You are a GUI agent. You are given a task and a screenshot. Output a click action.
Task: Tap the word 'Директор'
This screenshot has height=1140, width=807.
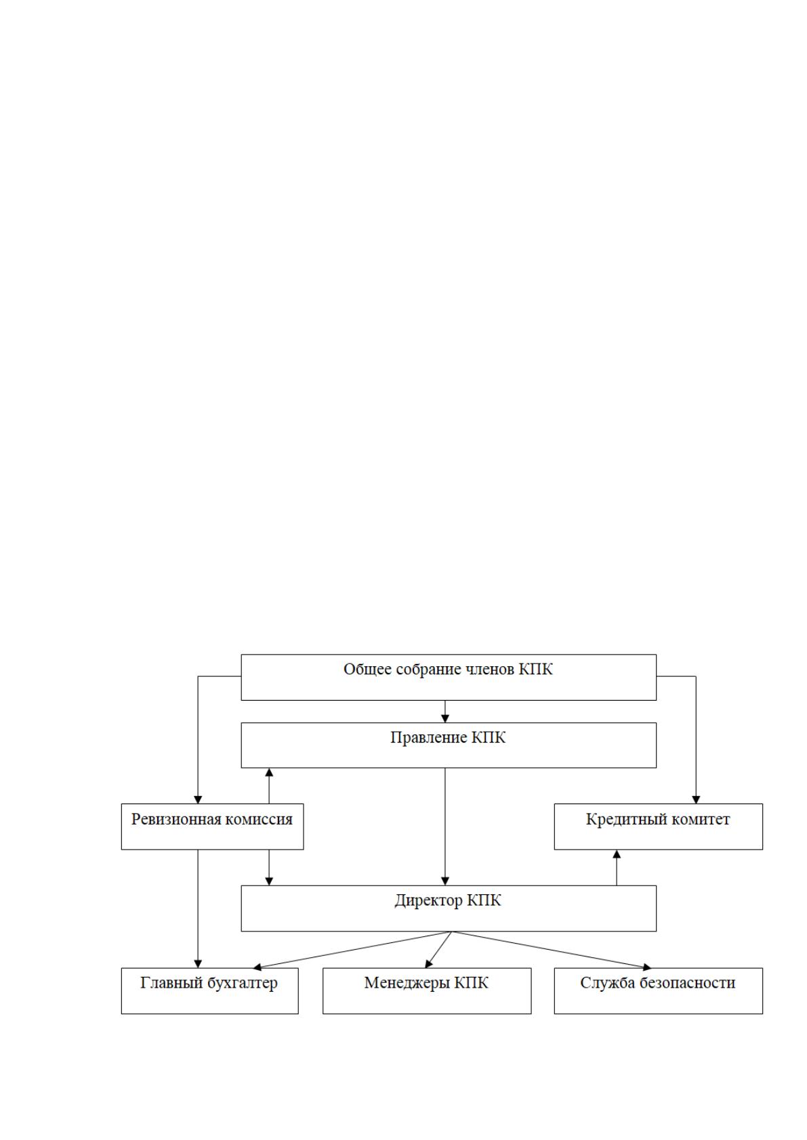click(x=428, y=900)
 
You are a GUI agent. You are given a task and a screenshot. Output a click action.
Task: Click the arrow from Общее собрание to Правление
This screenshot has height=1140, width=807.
click(x=445, y=711)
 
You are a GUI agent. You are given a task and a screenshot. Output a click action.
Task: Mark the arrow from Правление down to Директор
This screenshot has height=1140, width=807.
click(x=445, y=827)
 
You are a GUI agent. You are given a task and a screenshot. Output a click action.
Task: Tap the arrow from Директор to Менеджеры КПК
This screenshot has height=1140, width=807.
click(x=438, y=950)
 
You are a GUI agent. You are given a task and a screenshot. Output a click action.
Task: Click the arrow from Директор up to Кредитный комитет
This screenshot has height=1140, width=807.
click(x=617, y=868)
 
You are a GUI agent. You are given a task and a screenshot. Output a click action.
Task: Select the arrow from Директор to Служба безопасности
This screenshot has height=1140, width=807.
click(x=552, y=950)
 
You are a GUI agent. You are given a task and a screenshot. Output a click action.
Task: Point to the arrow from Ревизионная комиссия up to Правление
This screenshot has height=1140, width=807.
click(x=270, y=786)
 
